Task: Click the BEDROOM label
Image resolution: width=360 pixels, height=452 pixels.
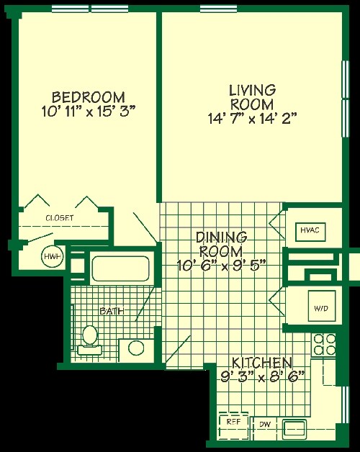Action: (89, 96)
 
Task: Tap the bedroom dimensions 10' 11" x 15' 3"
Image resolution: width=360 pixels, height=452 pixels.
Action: (89, 112)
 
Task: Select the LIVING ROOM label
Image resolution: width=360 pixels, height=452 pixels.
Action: (252, 97)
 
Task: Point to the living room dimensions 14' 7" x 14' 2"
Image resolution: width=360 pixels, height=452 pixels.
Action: (252, 117)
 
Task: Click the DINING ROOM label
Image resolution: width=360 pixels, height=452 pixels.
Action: (222, 243)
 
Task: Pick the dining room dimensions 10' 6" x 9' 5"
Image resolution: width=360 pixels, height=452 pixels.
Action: (222, 263)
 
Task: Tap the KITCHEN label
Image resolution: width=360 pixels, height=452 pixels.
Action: (262, 362)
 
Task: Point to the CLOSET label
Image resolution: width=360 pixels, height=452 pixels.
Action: (59, 217)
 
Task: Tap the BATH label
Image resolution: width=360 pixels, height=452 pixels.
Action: (111, 311)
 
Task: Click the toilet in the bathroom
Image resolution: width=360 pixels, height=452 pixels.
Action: (90, 338)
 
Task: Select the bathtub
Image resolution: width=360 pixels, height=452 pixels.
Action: (120, 269)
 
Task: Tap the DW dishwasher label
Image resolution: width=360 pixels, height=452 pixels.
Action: (264, 425)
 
